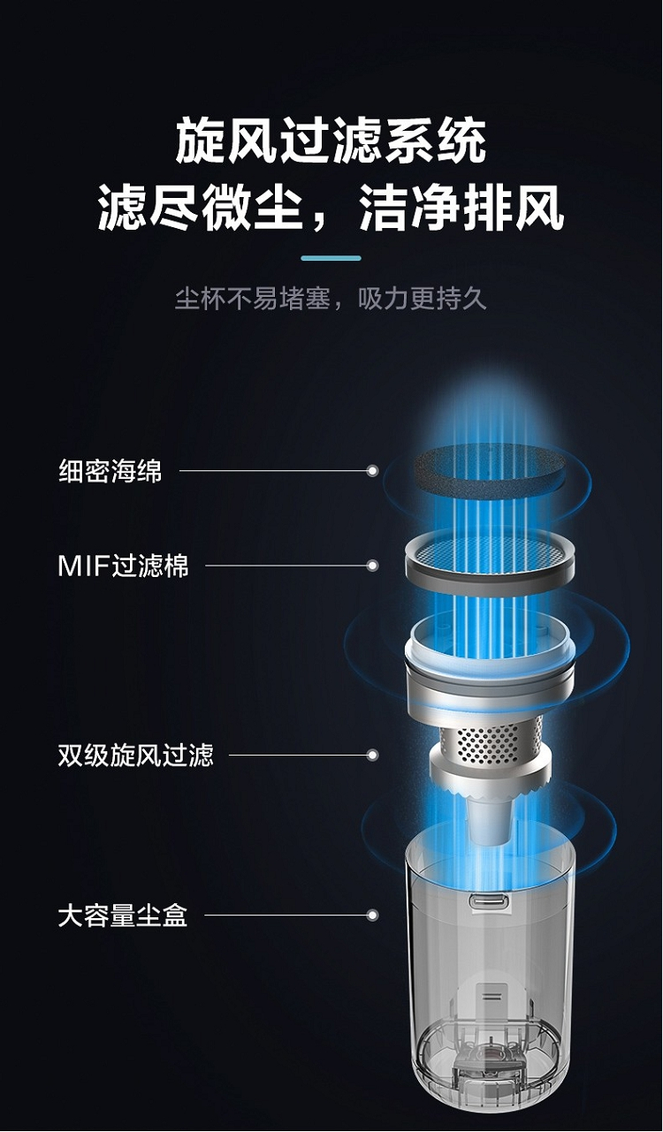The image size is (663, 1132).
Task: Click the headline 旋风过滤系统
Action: tap(331, 140)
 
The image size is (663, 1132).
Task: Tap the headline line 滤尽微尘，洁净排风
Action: tap(331, 207)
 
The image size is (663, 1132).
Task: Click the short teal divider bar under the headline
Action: tap(331, 258)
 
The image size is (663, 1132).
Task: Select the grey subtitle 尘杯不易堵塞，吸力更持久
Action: tap(331, 298)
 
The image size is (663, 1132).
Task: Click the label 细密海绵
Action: tap(110, 471)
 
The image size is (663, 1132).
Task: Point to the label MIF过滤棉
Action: tap(123, 566)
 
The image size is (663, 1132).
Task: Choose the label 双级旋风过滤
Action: tap(136, 755)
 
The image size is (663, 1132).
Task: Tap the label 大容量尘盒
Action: tap(123, 915)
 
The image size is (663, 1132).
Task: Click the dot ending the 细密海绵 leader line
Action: tap(373, 471)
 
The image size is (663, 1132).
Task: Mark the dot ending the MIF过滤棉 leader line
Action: tap(373, 566)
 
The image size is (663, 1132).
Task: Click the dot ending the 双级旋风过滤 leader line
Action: tap(373, 755)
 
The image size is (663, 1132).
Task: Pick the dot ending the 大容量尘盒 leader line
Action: tap(373, 915)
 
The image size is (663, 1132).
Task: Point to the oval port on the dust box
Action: tap(489, 900)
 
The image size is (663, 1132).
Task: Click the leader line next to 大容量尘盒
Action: tap(286, 915)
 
